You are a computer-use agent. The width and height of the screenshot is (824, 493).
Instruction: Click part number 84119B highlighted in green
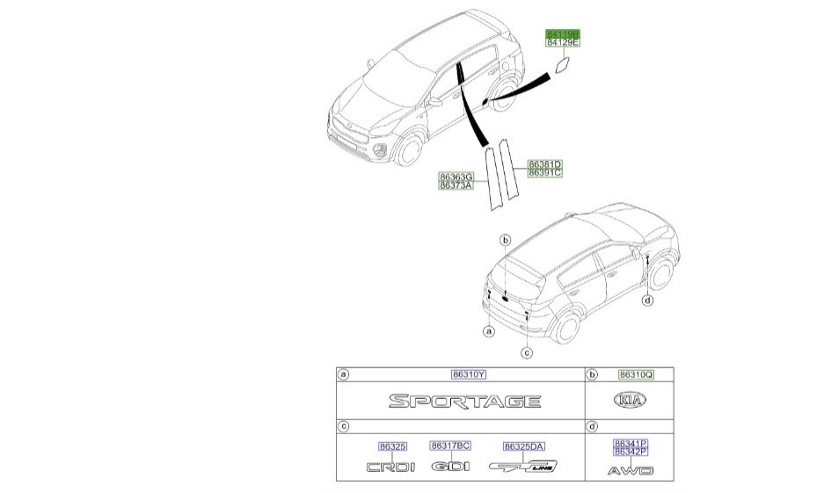563,33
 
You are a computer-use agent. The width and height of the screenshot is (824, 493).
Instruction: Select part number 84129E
563,42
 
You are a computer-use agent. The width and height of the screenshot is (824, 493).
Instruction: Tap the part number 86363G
456,177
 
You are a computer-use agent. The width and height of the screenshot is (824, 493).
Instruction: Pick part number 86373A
456,185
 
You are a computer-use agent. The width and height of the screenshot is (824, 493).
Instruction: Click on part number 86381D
544,164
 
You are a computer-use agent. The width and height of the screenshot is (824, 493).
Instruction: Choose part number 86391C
544,173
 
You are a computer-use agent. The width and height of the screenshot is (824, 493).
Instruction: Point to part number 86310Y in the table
469,374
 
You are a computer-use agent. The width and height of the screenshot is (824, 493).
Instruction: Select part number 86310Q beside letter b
636,374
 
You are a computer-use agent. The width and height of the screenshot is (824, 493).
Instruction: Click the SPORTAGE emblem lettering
465,402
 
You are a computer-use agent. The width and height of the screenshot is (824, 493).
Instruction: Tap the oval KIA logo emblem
629,401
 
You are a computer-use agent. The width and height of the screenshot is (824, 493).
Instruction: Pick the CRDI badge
390,468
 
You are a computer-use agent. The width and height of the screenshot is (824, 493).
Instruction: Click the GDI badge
451,467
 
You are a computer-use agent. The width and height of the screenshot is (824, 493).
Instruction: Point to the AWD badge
631,471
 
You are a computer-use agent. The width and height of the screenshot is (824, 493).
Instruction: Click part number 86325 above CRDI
391,446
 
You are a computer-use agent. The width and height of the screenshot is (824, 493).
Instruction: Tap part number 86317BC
450,446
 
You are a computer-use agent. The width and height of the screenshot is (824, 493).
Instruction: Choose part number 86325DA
524,446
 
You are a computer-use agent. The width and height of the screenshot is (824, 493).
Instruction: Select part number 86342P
631,451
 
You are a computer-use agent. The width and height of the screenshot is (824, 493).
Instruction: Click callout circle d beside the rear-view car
647,301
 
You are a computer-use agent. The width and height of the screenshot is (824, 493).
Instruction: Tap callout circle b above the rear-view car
506,240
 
